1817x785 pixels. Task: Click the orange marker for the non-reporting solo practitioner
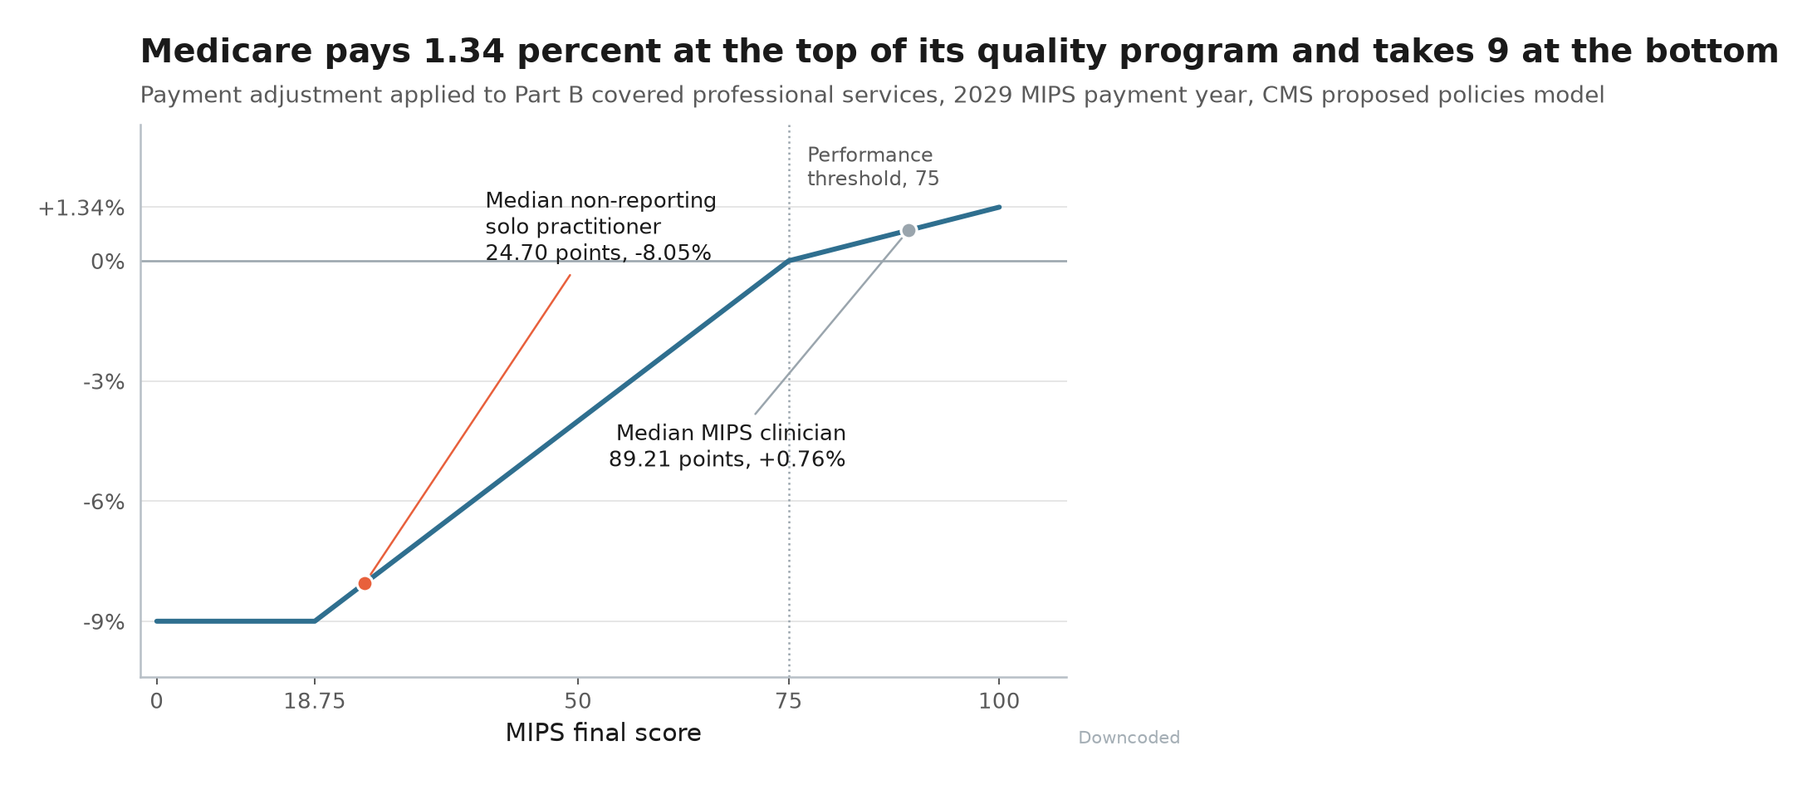click(365, 583)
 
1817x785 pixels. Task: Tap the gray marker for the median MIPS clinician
click(908, 230)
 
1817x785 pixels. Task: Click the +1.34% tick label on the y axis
click(81, 209)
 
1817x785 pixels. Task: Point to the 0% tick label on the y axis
click(108, 262)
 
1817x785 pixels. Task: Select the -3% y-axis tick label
click(104, 382)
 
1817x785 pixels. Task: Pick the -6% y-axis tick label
click(104, 503)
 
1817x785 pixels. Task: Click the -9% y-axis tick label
click(104, 622)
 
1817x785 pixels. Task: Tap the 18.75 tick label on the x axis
click(314, 702)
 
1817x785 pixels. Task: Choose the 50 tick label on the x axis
click(578, 702)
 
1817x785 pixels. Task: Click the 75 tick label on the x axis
click(789, 702)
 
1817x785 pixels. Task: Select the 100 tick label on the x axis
click(999, 702)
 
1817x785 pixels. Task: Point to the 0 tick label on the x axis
click(156, 702)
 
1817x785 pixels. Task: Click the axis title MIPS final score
click(604, 733)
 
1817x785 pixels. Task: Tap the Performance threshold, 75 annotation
click(874, 167)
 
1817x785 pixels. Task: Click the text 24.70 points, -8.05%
click(598, 253)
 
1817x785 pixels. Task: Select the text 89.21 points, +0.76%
click(727, 459)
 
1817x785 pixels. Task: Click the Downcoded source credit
click(1129, 738)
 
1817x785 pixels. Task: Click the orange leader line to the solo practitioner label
click(470, 424)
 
